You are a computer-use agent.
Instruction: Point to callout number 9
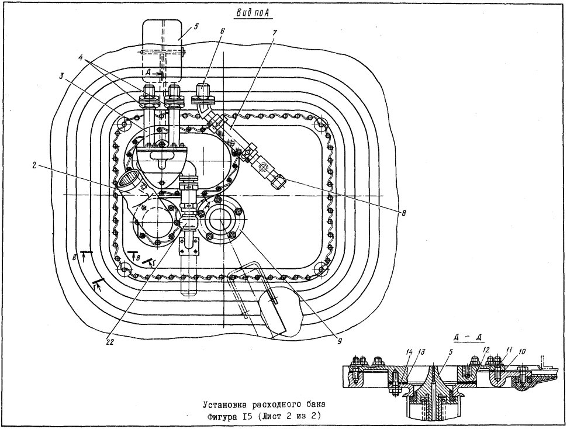pyautogui.click(x=340, y=341)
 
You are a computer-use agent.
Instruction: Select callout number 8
pyautogui.click(x=404, y=213)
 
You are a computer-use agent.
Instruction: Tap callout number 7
pyautogui.click(x=275, y=32)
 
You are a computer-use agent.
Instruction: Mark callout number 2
pyautogui.click(x=33, y=165)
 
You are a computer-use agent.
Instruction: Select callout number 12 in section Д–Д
pyautogui.click(x=486, y=350)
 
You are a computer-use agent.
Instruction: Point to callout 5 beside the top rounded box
pyautogui.click(x=196, y=26)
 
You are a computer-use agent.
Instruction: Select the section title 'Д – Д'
pyautogui.click(x=469, y=337)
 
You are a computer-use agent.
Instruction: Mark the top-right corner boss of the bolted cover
pyautogui.click(x=320, y=126)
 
